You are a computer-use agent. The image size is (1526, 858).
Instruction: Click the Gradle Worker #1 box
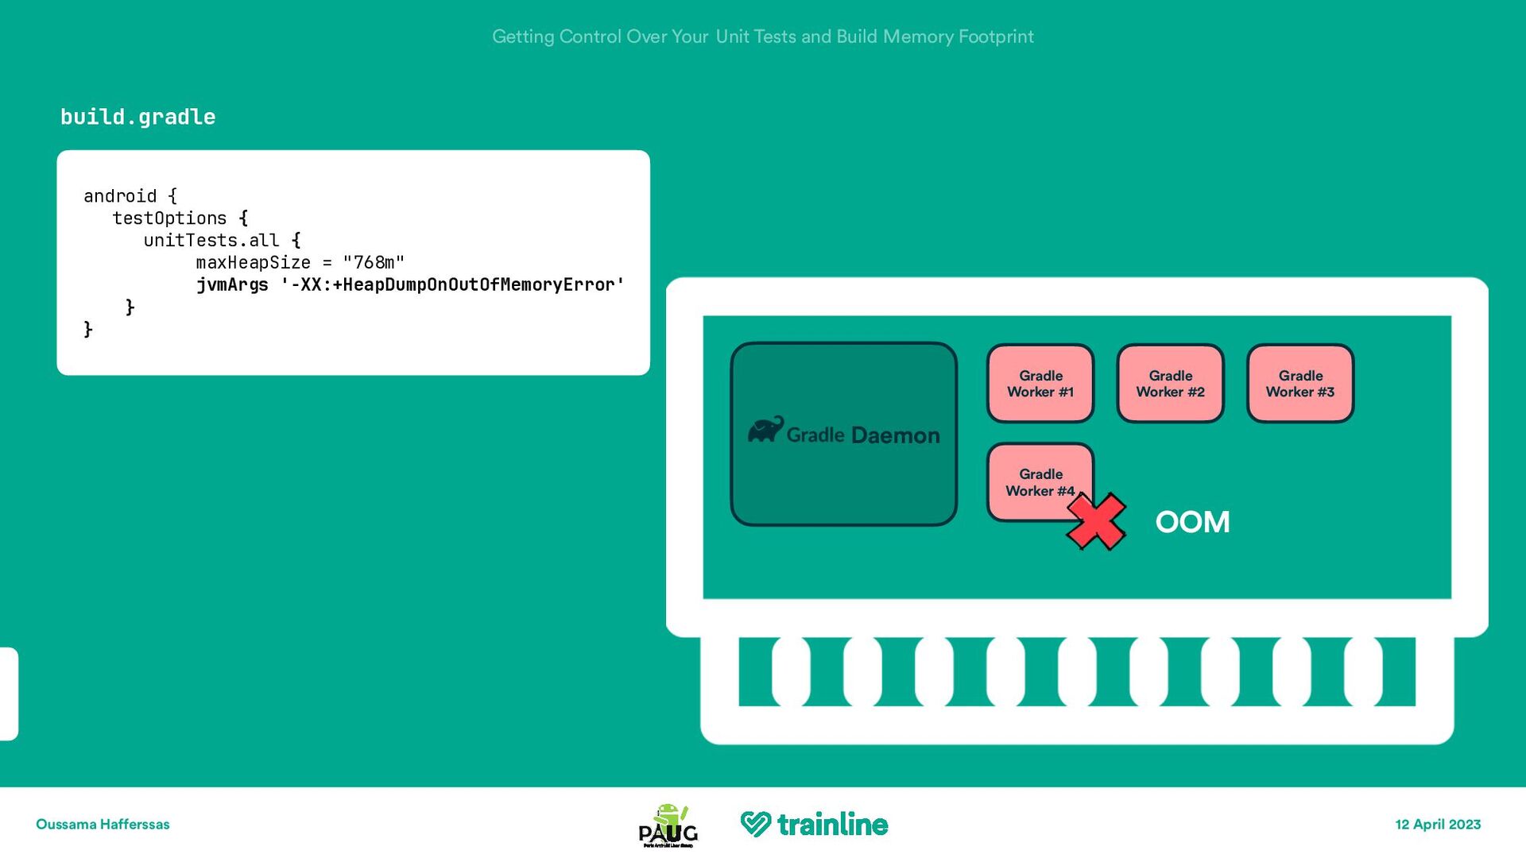pyautogui.click(x=1040, y=384)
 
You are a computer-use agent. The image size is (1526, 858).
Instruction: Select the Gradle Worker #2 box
pyautogui.click(x=1170, y=384)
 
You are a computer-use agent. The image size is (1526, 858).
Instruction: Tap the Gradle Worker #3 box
pyautogui.click(x=1300, y=384)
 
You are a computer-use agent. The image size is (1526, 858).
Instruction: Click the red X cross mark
pyautogui.click(x=1096, y=522)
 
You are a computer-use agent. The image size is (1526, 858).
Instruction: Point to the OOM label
pyautogui.click(x=1192, y=522)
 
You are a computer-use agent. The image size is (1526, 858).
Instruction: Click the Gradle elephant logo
pyautogui.click(x=765, y=430)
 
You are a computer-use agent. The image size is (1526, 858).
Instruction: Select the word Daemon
pyautogui.click(x=895, y=435)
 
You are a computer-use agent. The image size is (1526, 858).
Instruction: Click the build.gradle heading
pyautogui.click(x=138, y=117)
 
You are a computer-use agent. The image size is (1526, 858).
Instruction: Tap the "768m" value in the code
pyautogui.click(x=374, y=262)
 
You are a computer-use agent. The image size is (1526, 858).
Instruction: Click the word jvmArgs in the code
pyautogui.click(x=232, y=284)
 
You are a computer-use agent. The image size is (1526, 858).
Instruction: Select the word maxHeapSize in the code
pyautogui.click(x=253, y=262)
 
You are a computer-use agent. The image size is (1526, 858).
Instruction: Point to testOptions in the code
pyautogui.click(x=169, y=218)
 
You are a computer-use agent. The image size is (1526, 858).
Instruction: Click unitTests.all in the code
pyautogui.click(x=211, y=240)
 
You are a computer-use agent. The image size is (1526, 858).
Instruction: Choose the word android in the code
pyautogui.click(x=120, y=195)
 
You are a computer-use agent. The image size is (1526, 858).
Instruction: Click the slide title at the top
pyautogui.click(x=763, y=37)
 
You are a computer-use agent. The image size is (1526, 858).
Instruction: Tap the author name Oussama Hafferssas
pyautogui.click(x=103, y=825)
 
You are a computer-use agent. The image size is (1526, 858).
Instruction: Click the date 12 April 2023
pyautogui.click(x=1438, y=825)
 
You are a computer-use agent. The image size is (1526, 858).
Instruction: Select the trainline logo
pyautogui.click(x=814, y=825)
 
